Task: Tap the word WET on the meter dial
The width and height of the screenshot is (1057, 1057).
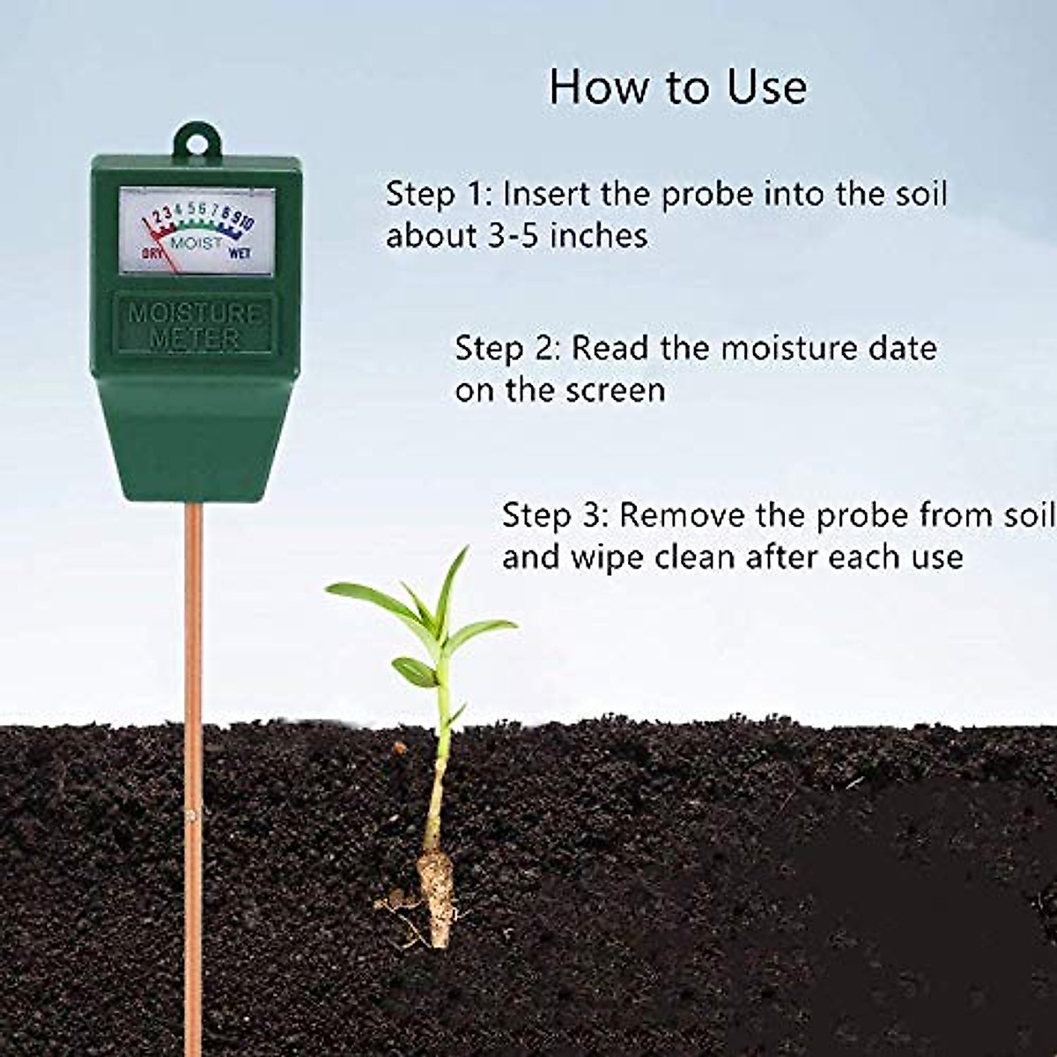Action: pyautogui.click(x=240, y=254)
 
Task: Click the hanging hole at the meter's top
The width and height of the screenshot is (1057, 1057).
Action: pyautogui.click(x=196, y=141)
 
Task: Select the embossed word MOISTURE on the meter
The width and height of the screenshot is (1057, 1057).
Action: pyautogui.click(x=196, y=314)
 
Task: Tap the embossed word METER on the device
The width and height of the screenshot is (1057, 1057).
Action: pyautogui.click(x=196, y=339)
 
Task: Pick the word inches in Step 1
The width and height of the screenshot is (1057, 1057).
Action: pyautogui.click(x=598, y=236)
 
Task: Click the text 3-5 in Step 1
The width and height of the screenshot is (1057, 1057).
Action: pyautogui.click(x=510, y=236)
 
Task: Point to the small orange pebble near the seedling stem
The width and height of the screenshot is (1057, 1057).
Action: pyautogui.click(x=401, y=749)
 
